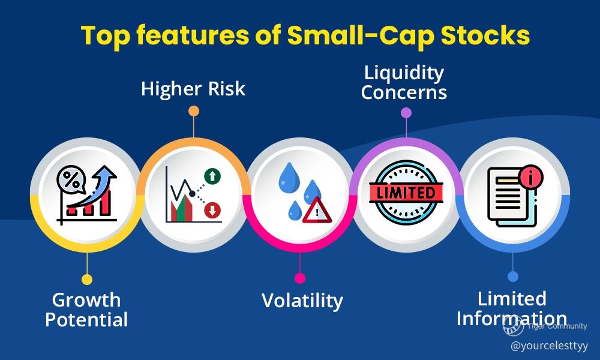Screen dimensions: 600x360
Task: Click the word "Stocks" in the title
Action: click(485, 35)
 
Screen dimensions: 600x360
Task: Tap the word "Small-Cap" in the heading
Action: click(361, 37)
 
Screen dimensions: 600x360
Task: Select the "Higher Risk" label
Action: click(193, 89)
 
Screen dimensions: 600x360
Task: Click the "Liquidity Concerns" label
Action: click(404, 83)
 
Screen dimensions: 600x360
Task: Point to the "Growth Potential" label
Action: click(86, 310)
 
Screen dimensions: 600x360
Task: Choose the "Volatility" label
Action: click(302, 301)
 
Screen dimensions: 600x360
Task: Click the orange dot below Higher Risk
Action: click(194, 111)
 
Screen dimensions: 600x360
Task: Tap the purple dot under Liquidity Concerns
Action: click(406, 112)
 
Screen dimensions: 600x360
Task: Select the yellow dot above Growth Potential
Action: click(87, 279)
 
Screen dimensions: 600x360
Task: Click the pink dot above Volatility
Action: click(300, 278)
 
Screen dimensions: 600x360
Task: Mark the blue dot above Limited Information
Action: click(513, 276)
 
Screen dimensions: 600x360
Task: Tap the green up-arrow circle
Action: click(212, 176)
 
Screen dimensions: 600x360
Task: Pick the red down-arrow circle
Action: click(212, 210)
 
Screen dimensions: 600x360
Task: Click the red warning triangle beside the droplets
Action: click(317, 211)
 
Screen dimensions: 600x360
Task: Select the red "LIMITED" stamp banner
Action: click(406, 193)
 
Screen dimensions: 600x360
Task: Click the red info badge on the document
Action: click(531, 176)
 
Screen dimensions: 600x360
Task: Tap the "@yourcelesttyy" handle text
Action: click(549, 346)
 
